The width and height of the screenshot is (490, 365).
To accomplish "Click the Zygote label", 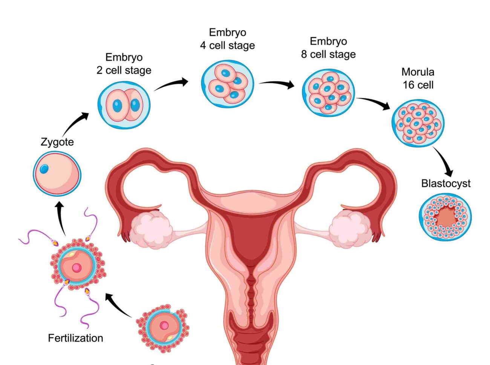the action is click(x=57, y=142).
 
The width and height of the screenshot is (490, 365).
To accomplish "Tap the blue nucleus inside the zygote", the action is click(x=44, y=169).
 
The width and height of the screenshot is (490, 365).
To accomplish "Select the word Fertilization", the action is click(x=75, y=338).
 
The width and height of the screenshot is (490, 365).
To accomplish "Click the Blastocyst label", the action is click(x=446, y=184).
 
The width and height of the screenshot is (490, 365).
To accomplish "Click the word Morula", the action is click(x=418, y=72).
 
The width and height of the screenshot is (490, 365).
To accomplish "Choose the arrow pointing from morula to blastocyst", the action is click(x=443, y=161).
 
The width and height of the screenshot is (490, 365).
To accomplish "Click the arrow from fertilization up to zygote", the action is click(x=61, y=218).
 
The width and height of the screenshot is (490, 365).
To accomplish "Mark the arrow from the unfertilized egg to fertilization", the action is click(x=118, y=305).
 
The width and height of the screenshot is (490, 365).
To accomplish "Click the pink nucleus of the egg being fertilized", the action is click(x=77, y=268).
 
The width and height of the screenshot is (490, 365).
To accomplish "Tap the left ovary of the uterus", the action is click(x=152, y=229).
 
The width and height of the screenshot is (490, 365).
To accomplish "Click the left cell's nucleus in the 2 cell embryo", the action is click(x=118, y=106).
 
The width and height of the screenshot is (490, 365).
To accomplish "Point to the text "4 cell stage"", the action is click(x=227, y=46).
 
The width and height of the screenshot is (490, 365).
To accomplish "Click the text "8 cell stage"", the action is click(x=328, y=54).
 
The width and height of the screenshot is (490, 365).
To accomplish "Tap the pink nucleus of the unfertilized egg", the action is click(x=164, y=326).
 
